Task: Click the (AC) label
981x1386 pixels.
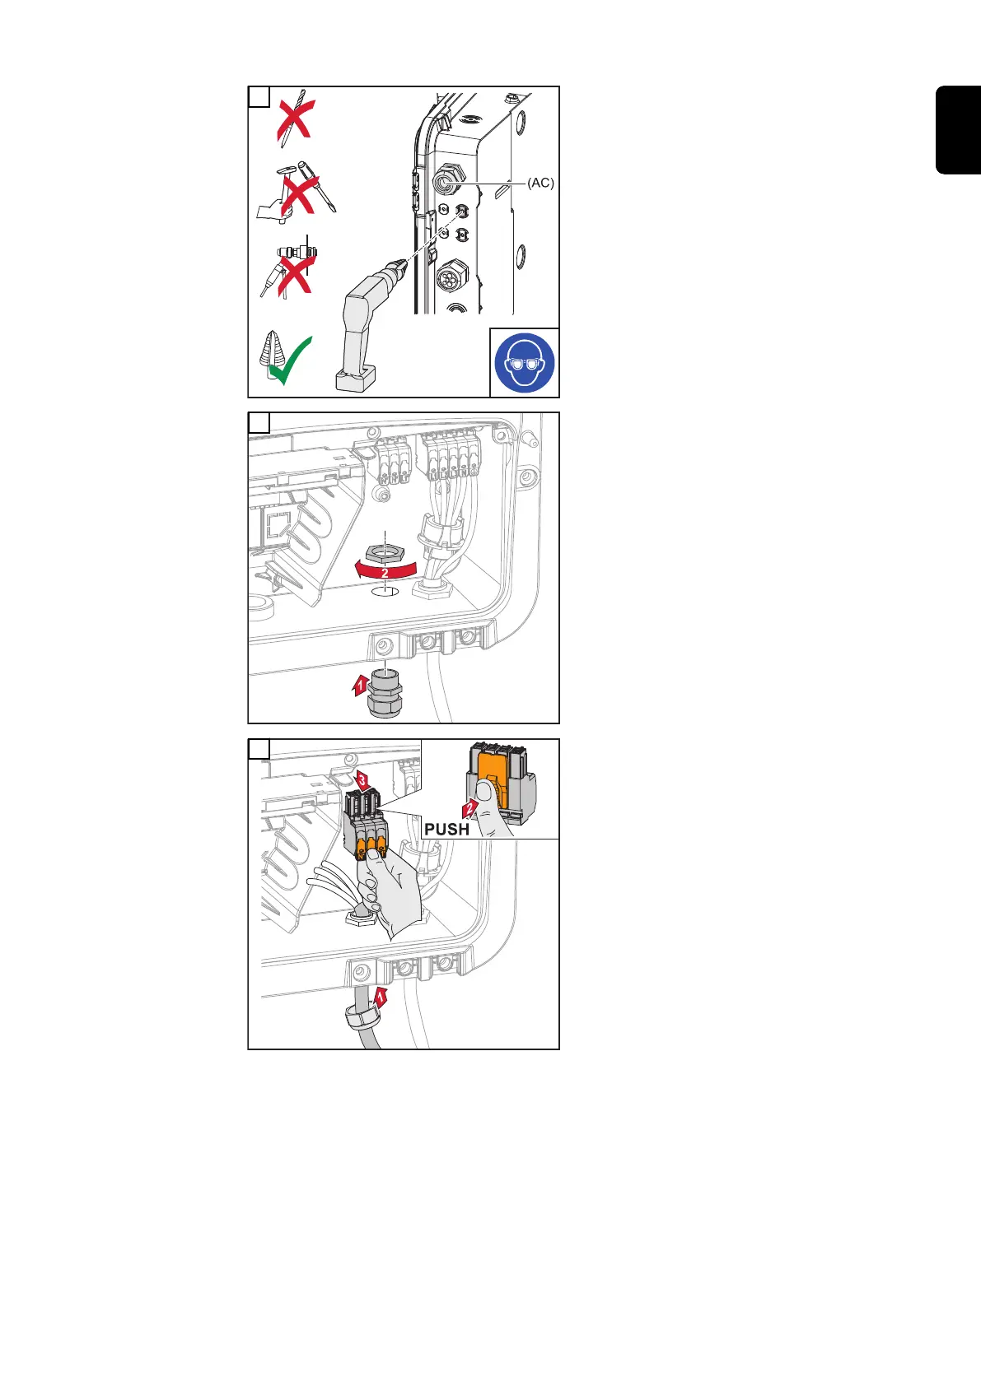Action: [x=541, y=184]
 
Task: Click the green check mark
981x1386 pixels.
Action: [x=292, y=361]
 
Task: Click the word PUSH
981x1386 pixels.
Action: [x=446, y=829]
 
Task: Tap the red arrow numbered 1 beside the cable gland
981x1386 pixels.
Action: [x=360, y=683]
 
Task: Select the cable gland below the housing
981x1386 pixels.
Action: [x=384, y=695]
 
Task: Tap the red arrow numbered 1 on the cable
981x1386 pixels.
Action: [x=381, y=997]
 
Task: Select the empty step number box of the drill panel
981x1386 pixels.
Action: [x=259, y=97]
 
